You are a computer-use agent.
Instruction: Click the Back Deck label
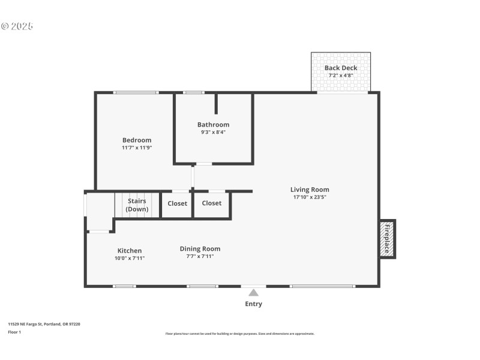click(341, 68)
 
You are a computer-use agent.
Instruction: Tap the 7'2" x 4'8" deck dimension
click(341, 76)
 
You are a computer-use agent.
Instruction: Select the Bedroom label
click(137, 140)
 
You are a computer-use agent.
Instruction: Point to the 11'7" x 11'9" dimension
click(137, 148)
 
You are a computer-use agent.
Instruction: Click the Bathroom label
click(213, 125)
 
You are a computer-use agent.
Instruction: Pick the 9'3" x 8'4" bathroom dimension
click(213, 132)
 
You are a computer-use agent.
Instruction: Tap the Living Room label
click(310, 190)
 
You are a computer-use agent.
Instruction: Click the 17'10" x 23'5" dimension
click(310, 197)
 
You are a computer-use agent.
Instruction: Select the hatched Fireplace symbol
click(387, 238)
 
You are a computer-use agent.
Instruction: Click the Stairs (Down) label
click(137, 205)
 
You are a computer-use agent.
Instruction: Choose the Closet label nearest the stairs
click(177, 203)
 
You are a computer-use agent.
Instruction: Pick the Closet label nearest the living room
click(212, 203)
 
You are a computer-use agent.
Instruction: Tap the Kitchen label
click(129, 251)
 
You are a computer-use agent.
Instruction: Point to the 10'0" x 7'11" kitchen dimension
click(129, 258)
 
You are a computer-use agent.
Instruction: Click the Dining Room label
click(200, 249)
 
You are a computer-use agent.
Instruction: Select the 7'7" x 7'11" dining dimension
click(200, 256)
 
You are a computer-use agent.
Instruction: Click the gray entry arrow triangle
click(254, 293)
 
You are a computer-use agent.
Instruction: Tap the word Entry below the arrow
click(254, 304)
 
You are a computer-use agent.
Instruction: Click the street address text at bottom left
click(44, 324)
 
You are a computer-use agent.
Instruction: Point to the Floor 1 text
click(14, 332)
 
